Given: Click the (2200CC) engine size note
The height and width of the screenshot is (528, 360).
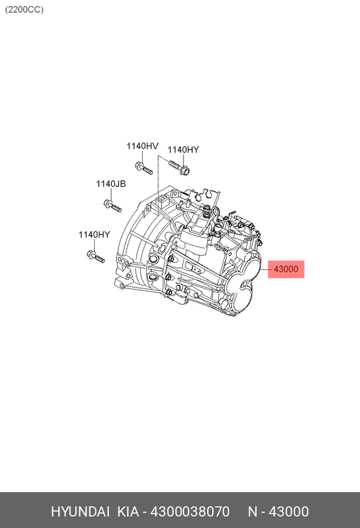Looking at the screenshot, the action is (24, 9).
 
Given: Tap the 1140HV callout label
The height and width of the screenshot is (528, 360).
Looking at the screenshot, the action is (142, 146).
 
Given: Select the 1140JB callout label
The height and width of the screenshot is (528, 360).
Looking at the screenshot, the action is (111, 184).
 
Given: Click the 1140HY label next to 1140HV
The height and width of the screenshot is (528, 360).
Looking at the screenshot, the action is (183, 150).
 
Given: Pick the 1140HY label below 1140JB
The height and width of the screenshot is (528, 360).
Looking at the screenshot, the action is (94, 235).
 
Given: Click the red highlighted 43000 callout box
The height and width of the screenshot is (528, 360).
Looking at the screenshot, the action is (286, 269).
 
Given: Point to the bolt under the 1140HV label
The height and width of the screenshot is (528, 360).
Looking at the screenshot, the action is (144, 169).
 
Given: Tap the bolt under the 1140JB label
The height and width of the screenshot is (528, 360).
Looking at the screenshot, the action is (112, 206).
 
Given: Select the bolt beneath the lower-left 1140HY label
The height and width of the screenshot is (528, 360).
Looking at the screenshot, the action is (95, 257).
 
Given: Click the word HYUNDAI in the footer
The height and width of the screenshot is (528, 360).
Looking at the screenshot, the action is (80, 512).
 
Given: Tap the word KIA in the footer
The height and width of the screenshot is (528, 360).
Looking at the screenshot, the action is (128, 512).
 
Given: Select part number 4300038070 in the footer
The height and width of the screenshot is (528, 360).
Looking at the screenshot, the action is (190, 512).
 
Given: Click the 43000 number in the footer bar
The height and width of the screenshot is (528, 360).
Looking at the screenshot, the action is (288, 512).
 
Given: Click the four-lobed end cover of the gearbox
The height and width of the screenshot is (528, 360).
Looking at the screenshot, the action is (243, 286).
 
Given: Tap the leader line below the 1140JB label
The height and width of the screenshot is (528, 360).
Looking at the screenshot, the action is (111, 194).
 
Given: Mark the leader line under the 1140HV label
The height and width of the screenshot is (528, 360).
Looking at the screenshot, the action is (142, 156).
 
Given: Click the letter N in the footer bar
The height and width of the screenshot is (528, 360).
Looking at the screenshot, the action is (252, 512).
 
